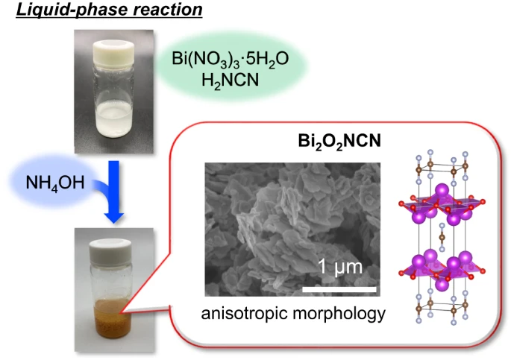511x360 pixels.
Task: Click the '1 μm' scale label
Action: (x=339, y=266)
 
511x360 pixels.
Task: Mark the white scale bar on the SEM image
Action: (x=339, y=285)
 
